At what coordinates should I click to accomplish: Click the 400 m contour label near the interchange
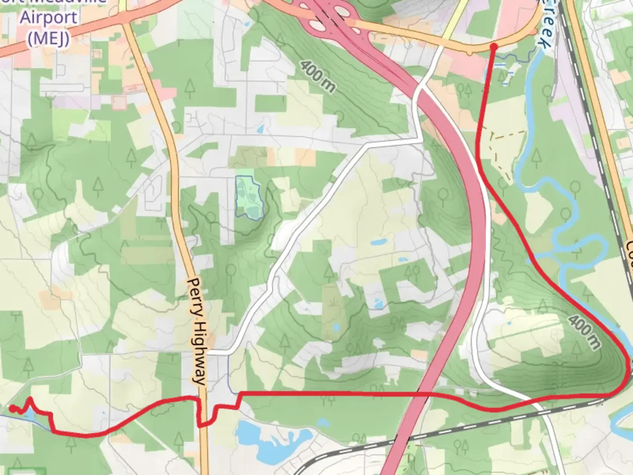click(x=318, y=76)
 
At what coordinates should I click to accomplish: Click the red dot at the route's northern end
click(x=493, y=47)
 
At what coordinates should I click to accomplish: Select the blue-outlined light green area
click(x=249, y=197)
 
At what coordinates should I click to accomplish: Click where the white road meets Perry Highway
click(x=207, y=353)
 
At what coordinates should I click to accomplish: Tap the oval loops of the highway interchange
click(x=327, y=18)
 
